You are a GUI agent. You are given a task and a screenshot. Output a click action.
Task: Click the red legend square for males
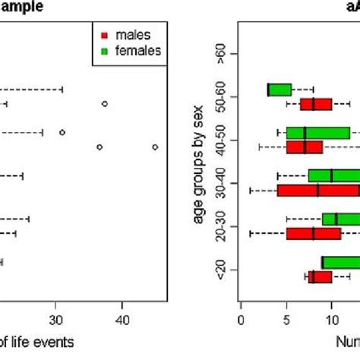point(105,35)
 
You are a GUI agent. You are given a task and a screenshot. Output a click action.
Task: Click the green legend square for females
point(105,50)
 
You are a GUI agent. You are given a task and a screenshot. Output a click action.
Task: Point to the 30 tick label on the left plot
point(55,320)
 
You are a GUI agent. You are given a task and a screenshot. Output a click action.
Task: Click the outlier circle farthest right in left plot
point(154,147)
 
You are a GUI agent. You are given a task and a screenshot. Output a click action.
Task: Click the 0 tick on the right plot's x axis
point(241,320)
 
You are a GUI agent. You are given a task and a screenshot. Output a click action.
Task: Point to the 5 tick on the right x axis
point(286,320)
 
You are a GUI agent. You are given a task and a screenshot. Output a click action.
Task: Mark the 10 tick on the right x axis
point(331,320)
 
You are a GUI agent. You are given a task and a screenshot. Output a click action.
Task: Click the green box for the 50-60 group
point(279,90)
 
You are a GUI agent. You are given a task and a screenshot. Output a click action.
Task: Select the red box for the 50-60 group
point(316,104)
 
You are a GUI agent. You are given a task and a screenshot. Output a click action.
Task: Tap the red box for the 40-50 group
point(305,147)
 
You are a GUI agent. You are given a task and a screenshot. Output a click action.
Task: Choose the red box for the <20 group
point(320,277)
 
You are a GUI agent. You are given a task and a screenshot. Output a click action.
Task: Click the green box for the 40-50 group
point(317,133)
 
